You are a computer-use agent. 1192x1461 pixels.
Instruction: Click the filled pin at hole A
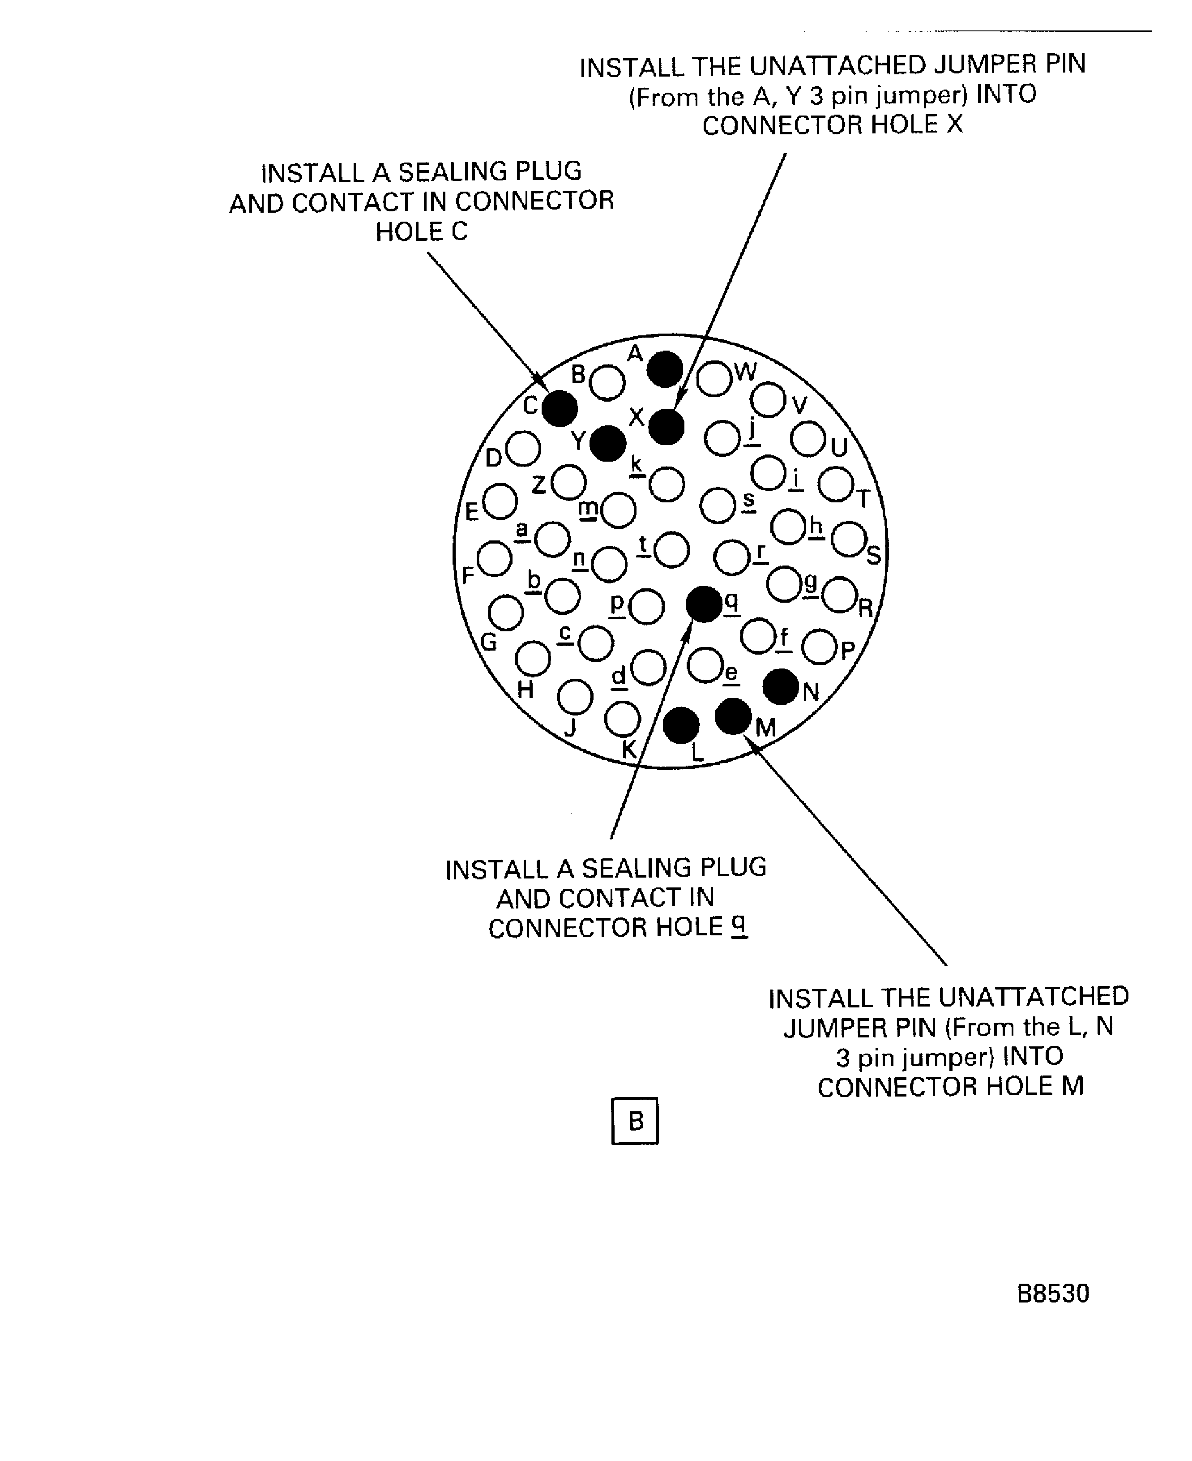[x=665, y=369]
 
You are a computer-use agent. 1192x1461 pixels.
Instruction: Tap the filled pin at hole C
[x=560, y=408]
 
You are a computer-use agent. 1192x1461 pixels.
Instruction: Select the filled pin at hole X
[x=666, y=427]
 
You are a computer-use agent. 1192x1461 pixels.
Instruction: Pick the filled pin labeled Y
[x=608, y=443]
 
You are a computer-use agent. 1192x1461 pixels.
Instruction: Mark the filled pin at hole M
[x=733, y=716]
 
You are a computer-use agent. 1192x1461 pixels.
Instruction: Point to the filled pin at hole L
[x=681, y=725]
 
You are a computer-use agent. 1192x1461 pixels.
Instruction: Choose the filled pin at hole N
[x=781, y=686]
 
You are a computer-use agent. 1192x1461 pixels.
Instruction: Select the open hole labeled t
[x=671, y=549]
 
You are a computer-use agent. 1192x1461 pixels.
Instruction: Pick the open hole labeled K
[x=622, y=719]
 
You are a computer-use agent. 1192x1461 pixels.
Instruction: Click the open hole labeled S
[x=849, y=539]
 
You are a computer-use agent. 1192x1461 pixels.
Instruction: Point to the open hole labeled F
[x=494, y=558]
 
